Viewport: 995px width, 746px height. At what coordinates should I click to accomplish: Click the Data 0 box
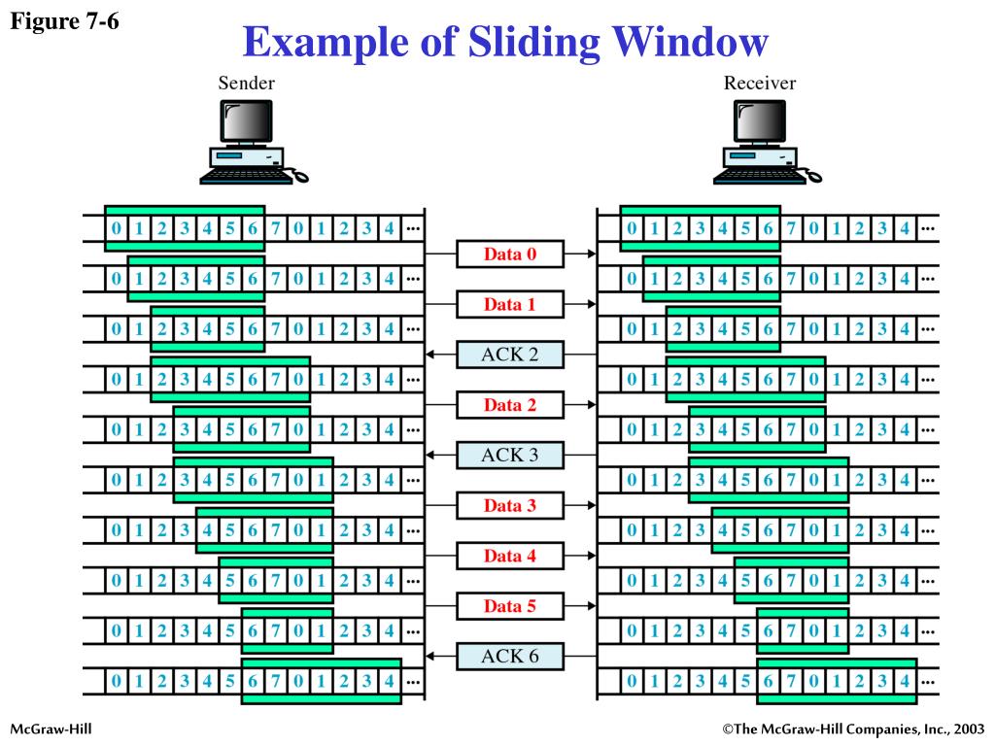(510, 254)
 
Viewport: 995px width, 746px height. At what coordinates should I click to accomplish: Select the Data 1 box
(510, 304)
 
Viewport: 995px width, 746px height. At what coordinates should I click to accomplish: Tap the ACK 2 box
(510, 355)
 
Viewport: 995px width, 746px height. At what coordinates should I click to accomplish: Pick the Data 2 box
(510, 405)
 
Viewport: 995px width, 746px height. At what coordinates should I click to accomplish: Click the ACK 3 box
(510, 455)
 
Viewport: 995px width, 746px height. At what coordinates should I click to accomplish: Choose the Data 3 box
(510, 505)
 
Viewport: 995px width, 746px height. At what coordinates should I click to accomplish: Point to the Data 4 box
(510, 556)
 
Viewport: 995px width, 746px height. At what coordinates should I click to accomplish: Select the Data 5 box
(510, 606)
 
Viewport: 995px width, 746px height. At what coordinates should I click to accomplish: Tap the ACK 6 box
(510, 657)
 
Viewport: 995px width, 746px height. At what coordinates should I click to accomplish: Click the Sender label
(246, 84)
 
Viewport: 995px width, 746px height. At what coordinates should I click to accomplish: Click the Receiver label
(760, 84)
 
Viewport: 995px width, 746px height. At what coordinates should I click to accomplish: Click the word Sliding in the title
(514, 43)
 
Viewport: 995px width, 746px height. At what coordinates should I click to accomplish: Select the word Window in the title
(686, 43)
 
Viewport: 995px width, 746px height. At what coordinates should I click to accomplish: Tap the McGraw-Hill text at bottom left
(51, 729)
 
